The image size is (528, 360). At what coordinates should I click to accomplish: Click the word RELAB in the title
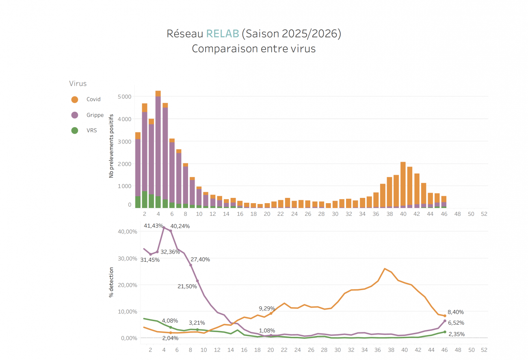[x=222, y=34]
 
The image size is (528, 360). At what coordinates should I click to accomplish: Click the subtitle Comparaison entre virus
[x=253, y=49]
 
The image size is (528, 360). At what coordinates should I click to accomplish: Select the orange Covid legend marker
[x=75, y=100]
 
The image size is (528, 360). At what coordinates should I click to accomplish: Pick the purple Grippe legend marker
[x=75, y=115]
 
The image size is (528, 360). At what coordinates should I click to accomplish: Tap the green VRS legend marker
[x=75, y=130]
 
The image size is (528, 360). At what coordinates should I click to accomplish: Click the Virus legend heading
[x=78, y=84]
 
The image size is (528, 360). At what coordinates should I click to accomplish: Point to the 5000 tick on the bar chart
[x=125, y=97]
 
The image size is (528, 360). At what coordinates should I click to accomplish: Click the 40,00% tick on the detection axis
[x=127, y=232]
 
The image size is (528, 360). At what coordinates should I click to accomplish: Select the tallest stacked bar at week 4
[x=158, y=150]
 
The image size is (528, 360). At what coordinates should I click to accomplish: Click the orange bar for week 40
[x=403, y=185]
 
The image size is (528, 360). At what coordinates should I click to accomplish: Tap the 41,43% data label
[x=154, y=226]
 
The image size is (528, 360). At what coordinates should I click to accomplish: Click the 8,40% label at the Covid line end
[x=456, y=312]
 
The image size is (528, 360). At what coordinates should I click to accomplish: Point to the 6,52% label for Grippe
[x=456, y=323]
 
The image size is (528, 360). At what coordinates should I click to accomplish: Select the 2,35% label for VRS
[x=457, y=334]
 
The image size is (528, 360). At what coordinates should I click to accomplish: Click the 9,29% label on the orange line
[x=267, y=308]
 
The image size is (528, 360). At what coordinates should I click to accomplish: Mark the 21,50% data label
[x=187, y=286]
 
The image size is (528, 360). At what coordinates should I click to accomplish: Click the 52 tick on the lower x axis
[x=484, y=349]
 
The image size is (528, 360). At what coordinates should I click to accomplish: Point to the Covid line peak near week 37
[x=385, y=269]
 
